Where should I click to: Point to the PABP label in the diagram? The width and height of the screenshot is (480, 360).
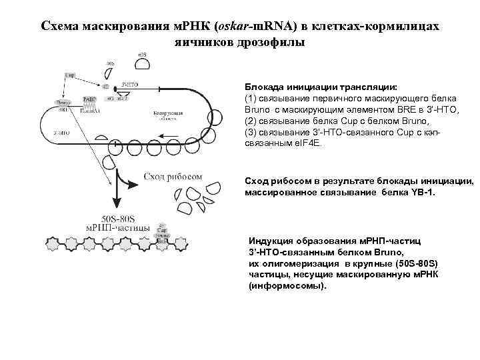[x=89, y=99]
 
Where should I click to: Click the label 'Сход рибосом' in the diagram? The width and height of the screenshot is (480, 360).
[x=172, y=176]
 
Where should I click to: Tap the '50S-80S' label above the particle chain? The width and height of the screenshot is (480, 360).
[x=117, y=217]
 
